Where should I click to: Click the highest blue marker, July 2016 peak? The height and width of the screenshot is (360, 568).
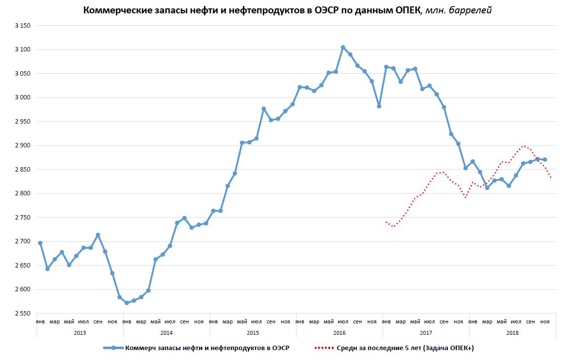[343, 47]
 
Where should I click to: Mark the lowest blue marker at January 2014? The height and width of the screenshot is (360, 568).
[127, 303]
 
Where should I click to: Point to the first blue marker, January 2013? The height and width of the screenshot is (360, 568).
[40, 243]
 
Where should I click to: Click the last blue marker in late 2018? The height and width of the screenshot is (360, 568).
[545, 159]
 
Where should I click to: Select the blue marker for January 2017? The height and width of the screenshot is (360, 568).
[386, 67]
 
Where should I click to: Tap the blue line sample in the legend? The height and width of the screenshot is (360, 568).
[113, 348]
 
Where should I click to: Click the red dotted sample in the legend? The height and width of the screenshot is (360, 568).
[324, 348]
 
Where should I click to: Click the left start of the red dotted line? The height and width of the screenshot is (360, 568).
[386, 222]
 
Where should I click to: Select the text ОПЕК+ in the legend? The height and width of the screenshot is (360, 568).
[461, 348]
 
